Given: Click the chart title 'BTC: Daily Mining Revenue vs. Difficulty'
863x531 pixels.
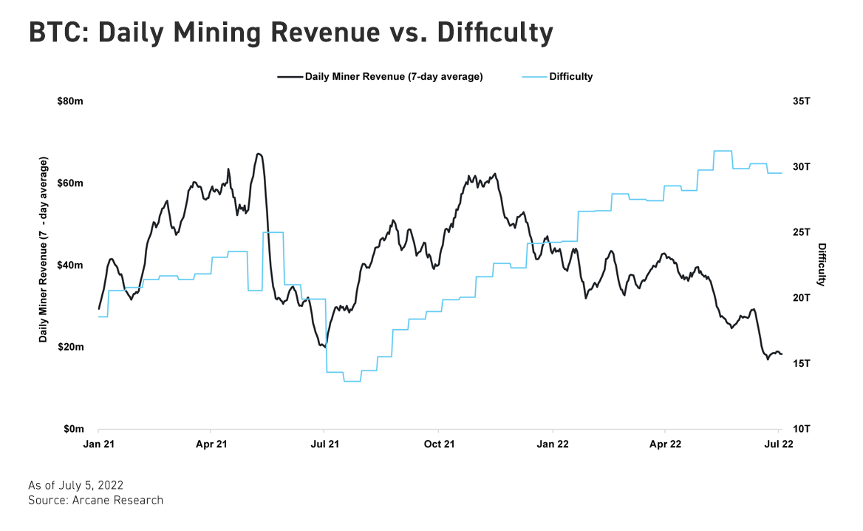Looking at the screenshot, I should (x=290, y=33).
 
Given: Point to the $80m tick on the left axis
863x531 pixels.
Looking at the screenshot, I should (x=70, y=101).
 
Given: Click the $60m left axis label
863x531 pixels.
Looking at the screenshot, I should (x=70, y=183).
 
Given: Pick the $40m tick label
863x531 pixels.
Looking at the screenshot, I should (x=70, y=265).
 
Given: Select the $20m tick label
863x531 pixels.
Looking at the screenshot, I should (x=70, y=348).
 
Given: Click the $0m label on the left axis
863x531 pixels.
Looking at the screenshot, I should (x=72, y=430).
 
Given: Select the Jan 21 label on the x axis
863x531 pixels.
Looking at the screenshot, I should (x=98, y=444).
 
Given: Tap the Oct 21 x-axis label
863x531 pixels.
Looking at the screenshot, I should (x=438, y=444).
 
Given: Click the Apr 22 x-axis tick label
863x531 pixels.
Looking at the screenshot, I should (x=665, y=444).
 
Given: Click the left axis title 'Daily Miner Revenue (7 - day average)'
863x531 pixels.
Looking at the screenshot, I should (x=44, y=249).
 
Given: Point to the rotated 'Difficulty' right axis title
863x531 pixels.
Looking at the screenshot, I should (x=822, y=265).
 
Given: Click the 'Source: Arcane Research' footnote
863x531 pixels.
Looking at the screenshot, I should (x=95, y=501).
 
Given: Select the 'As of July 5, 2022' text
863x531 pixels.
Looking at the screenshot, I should (x=75, y=486).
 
